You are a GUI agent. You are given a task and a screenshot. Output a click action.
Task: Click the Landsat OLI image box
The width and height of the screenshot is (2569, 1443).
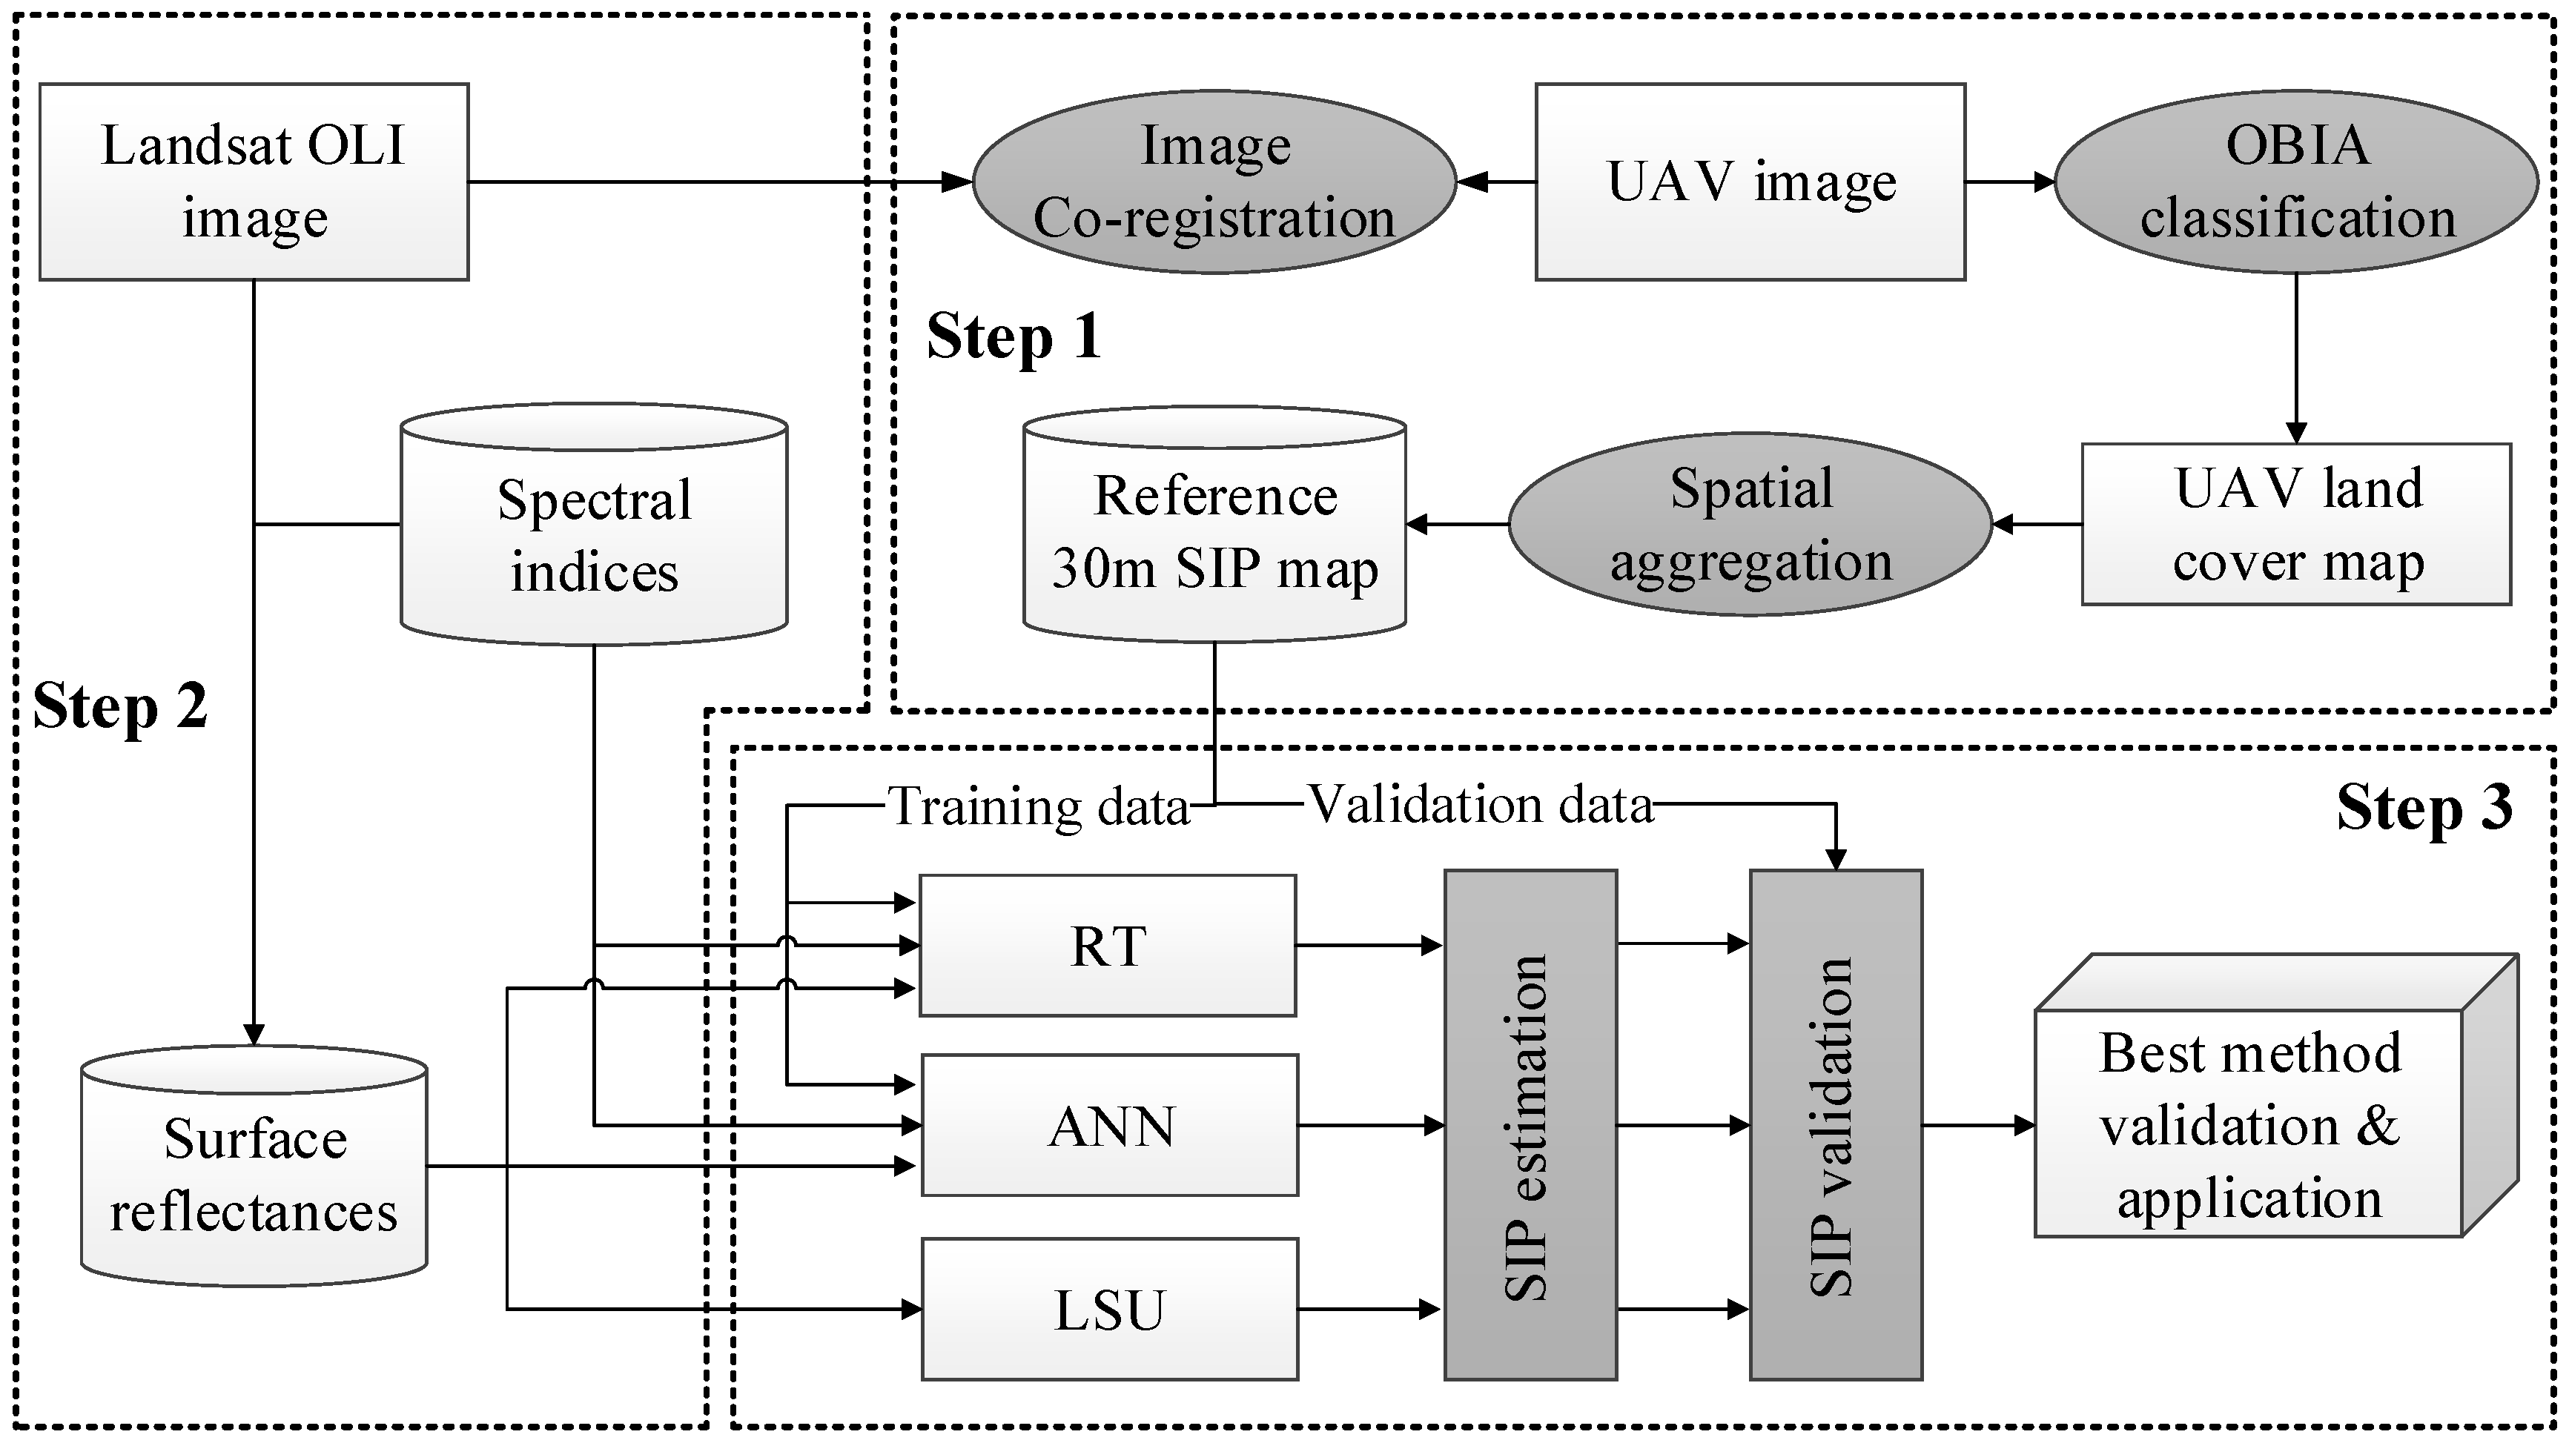[254, 182]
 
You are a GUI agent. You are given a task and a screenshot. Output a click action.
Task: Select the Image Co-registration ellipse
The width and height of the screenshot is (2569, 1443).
[1214, 182]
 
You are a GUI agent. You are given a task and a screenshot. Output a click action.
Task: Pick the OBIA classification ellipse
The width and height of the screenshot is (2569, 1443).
[2295, 182]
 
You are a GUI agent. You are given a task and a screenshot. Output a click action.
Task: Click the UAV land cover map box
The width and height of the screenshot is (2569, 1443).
[2295, 525]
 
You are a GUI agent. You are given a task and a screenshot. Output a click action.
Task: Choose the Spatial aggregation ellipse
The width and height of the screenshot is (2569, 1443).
[1750, 525]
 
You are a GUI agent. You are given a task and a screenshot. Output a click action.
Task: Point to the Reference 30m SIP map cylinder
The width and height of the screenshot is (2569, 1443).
[1214, 528]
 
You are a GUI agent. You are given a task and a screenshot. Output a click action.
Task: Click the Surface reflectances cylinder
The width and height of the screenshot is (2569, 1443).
[254, 1175]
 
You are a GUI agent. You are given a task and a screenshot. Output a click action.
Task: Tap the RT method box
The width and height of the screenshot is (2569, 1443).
[1107, 946]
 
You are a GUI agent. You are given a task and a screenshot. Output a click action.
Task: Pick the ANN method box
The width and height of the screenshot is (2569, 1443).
[1109, 1125]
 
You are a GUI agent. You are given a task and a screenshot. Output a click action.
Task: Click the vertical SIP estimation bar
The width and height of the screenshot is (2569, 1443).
[1530, 1125]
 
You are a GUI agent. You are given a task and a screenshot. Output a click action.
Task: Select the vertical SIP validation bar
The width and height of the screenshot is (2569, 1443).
[1835, 1125]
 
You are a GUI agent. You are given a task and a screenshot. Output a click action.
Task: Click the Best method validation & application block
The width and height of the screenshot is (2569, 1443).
[2249, 1125]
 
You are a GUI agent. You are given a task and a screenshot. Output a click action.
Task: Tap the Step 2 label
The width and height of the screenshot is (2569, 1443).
[119, 706]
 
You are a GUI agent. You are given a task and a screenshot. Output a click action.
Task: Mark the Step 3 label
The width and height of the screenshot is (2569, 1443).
[2424, 807]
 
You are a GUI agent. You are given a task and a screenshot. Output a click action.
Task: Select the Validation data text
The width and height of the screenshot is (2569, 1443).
[1479, 804]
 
